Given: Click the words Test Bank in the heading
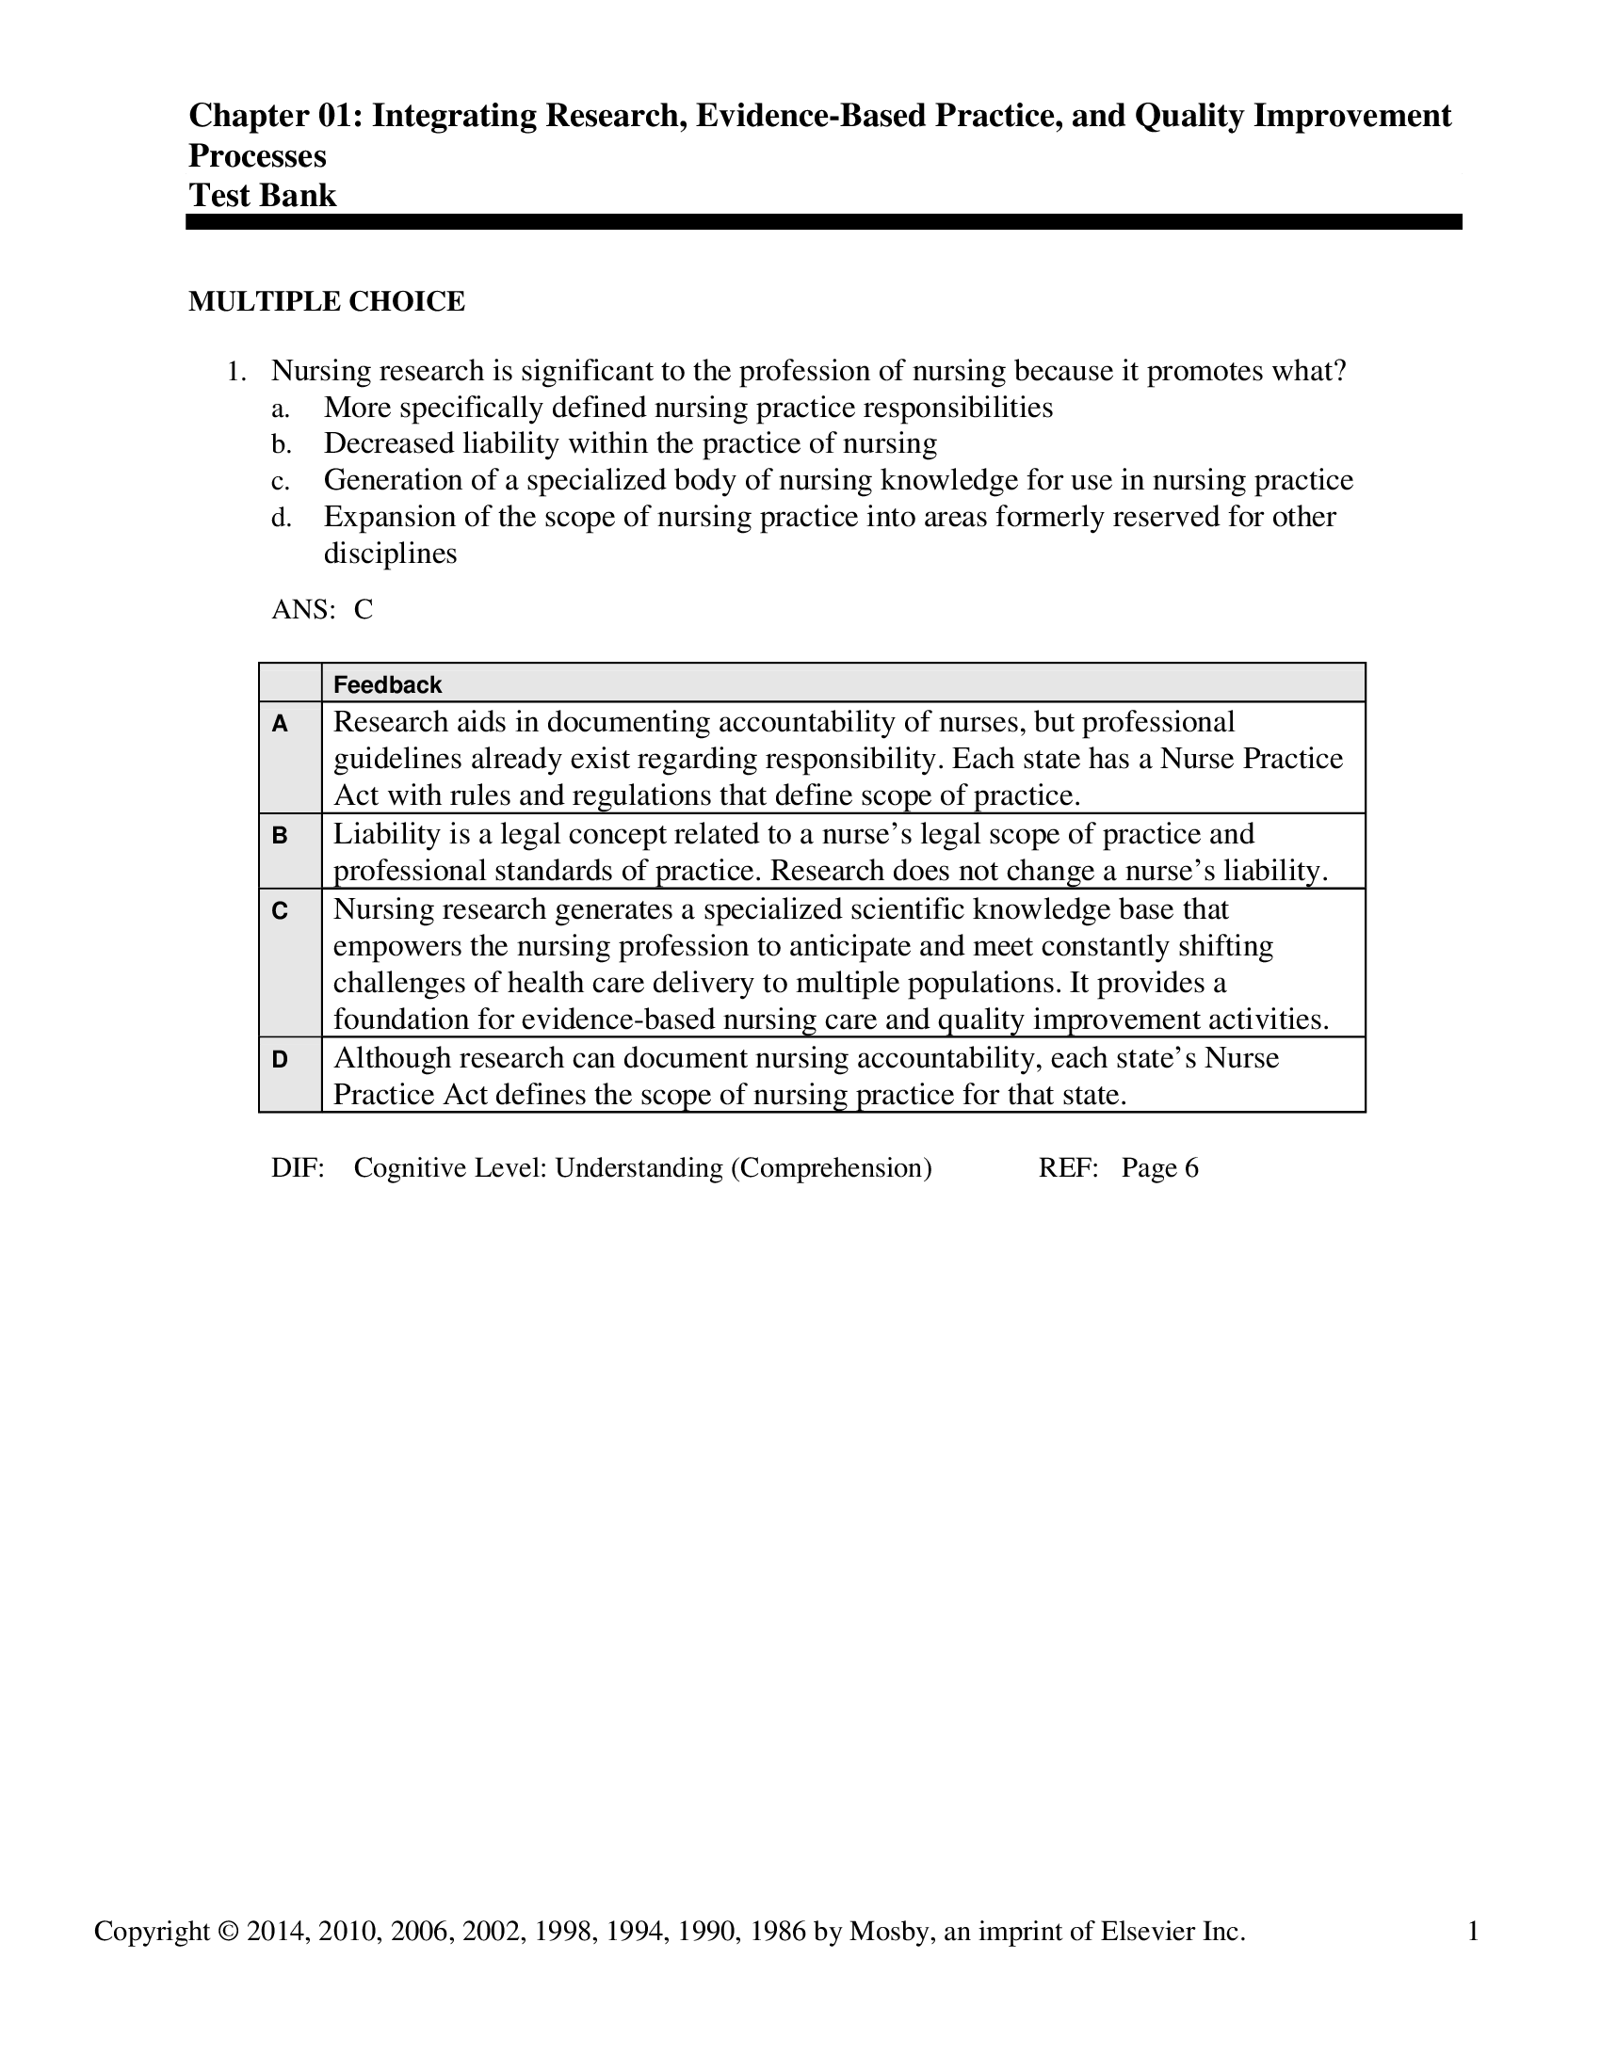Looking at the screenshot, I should [x=263, y=196].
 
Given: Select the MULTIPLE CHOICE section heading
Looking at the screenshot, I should [x=326, y=301].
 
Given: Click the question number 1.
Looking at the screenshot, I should [x=236, y=372].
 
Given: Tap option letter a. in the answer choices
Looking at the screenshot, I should [x=280, y=409].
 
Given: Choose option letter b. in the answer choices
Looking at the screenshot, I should [x=281, y=444].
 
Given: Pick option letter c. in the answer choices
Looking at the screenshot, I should [x=280, y=482].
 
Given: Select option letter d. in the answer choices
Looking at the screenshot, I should [x=281, y=518].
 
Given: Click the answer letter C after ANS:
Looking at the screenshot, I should [x=364, y=610].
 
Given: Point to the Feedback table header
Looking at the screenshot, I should [x=387, y=684].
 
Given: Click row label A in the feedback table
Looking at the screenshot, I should [x=280, y=725].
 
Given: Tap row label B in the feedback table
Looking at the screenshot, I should [x=280, y=836].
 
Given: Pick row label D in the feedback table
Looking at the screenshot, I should [x=280, y=1060].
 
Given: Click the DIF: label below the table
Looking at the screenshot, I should [x=298, y=1168].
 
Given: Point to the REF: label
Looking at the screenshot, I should [x=1068, y=1168].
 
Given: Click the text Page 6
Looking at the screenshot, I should [x=1159, y=1168].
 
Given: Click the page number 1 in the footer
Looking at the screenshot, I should [x=1473, y=1932].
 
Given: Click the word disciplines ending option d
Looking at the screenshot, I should [x=390, y=554].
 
